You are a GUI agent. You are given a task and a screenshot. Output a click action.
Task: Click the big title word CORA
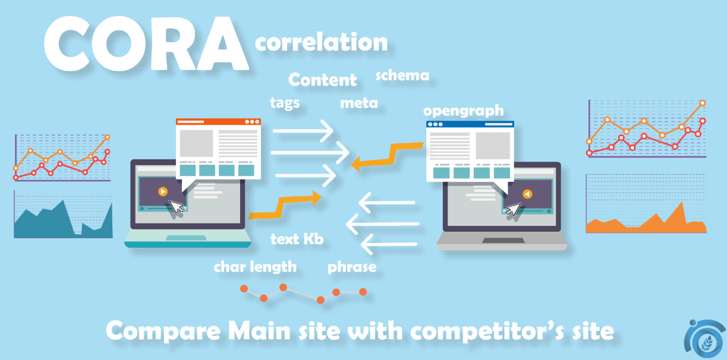click(x=146, y=44)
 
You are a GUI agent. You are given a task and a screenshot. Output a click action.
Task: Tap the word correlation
click(x=322, y=42)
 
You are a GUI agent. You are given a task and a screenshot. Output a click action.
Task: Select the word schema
click(x=402, y=75)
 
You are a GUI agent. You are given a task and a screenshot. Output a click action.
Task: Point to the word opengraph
click(x=464, y=111)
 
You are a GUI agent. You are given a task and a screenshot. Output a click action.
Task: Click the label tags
click(x=285, y=103)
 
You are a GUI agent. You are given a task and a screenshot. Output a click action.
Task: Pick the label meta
click(x=359, y=103)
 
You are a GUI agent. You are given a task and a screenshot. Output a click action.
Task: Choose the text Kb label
click(x=297, y=239)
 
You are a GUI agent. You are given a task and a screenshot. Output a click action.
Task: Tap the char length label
click(x=255, y=267)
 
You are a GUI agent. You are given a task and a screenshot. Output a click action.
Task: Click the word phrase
click(x=352, y=267)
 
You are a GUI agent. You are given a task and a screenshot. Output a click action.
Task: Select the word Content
click(x=322, y=80)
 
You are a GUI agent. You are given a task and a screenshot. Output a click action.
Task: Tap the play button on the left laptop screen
click(x=163, y=192)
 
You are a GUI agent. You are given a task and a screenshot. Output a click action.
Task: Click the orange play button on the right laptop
click(x=527, y=194)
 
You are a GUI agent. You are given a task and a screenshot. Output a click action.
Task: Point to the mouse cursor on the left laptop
click(x=176, y=207)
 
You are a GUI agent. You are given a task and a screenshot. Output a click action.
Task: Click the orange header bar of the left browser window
click(x=218, y=122)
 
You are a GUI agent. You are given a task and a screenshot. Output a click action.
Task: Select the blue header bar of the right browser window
click(x=470, y=124)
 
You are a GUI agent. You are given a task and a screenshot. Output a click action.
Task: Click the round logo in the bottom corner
click(x=705, y=340)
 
